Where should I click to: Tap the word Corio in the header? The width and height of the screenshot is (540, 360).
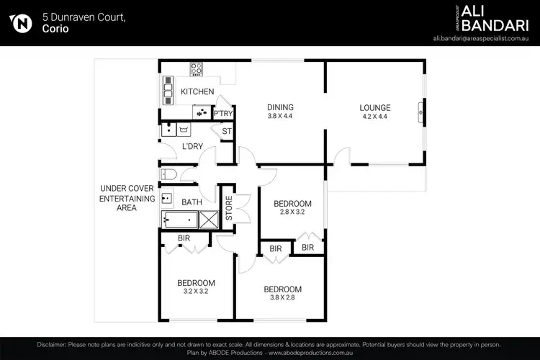click(54, 30)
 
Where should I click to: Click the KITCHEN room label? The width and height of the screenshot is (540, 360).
click(197, 91)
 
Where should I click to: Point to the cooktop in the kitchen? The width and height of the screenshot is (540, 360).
click(196, 70)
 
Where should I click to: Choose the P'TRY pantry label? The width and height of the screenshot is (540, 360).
click(223, 113)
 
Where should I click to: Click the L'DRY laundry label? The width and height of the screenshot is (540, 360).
click(192, 147)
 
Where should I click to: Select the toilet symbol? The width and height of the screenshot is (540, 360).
click(168, 174)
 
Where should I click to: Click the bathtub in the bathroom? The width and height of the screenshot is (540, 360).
click(179, 220)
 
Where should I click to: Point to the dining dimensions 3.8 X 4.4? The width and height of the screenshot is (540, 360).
click(280, 116)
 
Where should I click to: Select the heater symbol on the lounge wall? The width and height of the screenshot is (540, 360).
click(421, 111)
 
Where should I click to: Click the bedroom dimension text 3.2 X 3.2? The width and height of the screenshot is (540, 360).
click(196, 292)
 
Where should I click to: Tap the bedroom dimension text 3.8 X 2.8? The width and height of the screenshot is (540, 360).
click(283, 299)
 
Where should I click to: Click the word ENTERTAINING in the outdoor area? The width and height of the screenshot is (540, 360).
click(127, 198)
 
